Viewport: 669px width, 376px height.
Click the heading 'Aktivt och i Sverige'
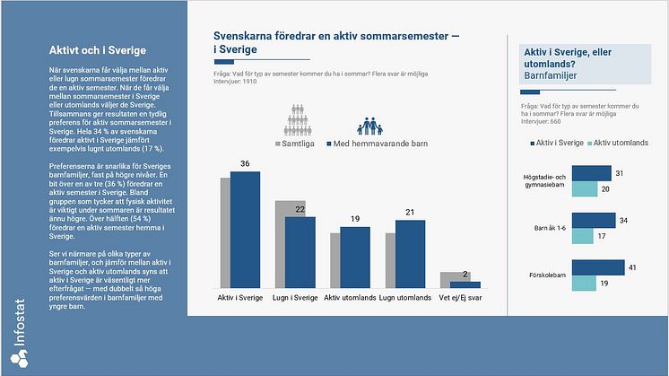[x=98, y=50]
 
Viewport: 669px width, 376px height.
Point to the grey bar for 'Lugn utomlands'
[x=390, y=260]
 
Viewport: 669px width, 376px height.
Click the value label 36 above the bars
[x=245, y=164]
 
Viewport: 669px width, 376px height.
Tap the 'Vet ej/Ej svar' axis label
[x=460, y=297]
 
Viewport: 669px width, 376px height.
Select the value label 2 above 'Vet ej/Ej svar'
[x=465, y=275]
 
